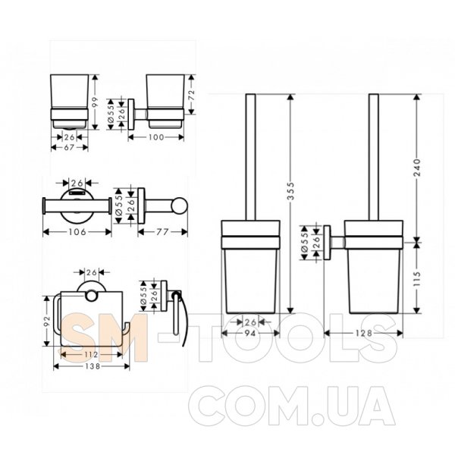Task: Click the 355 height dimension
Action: [290, 190]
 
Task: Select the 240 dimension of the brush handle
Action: [417, 168]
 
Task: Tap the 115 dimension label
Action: [417, 278]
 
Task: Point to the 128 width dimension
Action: [363, 333]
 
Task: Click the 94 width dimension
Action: [250, 334]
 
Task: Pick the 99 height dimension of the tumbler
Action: [96, 102]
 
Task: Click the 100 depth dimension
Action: [156, 137]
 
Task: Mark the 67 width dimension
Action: [69, 147]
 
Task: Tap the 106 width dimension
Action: [77, 232]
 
